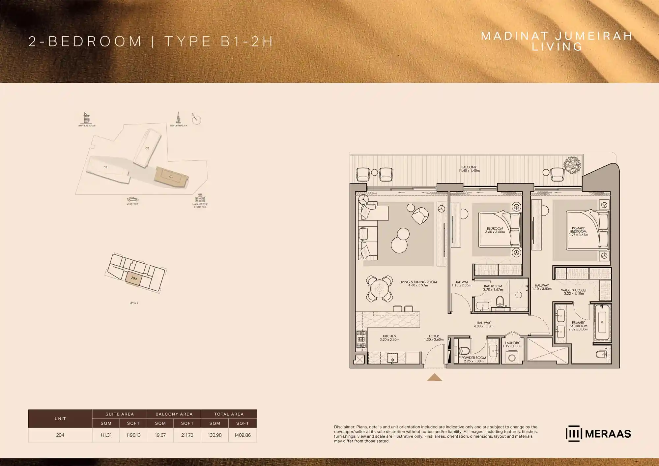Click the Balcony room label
[x=469, y=169]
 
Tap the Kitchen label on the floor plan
[x=389, y=338]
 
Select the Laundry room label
[x=512, y=344]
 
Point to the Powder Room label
[x=473, y=359]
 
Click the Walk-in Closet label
[x=574, y=292]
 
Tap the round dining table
[x=379, y=289]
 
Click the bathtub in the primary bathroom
[x=602, y=322]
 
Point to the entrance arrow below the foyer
[x=435, y=377]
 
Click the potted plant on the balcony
[x=572, y=164]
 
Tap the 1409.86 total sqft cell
[x=242, y=435]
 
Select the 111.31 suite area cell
[x=106, y=435]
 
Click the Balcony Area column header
[x=174, y=414]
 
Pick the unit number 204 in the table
[x=60, y=435]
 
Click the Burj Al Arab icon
[x=86, y=118]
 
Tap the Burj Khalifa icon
[x=178, y=118]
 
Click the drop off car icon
[x=132, y=199]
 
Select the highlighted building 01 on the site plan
[x=171, y=177]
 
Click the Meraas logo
[x=598, y=434]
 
